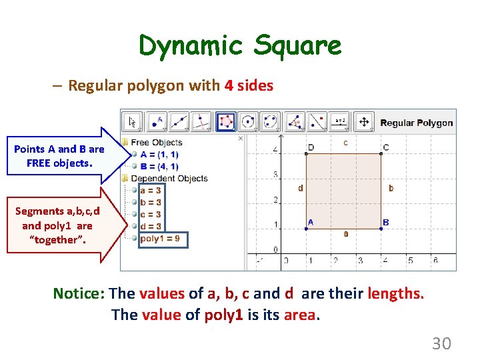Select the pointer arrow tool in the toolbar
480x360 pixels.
pyautogui.click(x=132, y=122)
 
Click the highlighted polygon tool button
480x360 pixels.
pyautogui.click(x=225, y=122)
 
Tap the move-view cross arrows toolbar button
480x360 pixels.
pyautogui.click(x=363, y=122)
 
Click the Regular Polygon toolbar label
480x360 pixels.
pyautogui.click(x=416, y=123)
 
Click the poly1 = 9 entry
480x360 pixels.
pyautogui.click(x=159, y=238)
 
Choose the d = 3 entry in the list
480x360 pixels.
pyautogui.click(x=150, y=226)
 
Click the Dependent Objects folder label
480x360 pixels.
pyautogui.click(x=169, y=178)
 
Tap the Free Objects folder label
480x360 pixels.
pyautogui.click(x=157, y=142)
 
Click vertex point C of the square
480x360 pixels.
pyautogui.click(x=381, y=154)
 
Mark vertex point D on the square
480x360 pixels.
pyautogui.click(x=305, y=154)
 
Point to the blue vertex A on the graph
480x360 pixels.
pyautogui.click(x=305, y=229)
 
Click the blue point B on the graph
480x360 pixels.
pyautogui.click(x=381, y=229)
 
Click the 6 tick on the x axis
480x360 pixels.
pyautogui.click(x=435, y=261)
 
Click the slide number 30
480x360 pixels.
pyautogui.click(x=441, y=343)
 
